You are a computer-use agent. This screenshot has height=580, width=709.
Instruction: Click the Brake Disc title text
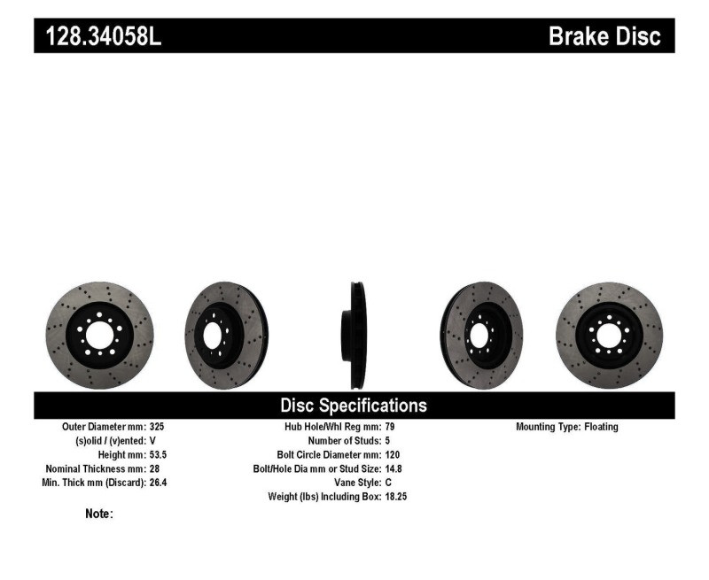coord(604,36)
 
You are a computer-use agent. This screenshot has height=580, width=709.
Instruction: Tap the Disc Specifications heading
coord(354,406)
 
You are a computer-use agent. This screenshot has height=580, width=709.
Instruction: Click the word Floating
coord(602,427)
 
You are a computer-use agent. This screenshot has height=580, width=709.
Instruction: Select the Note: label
coord(98,514)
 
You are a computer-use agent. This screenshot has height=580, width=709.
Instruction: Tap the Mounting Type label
coord(548,427)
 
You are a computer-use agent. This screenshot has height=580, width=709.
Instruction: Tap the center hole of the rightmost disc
coord(607,336)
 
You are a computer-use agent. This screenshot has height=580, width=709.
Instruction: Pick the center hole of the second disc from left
coord(213,336)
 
